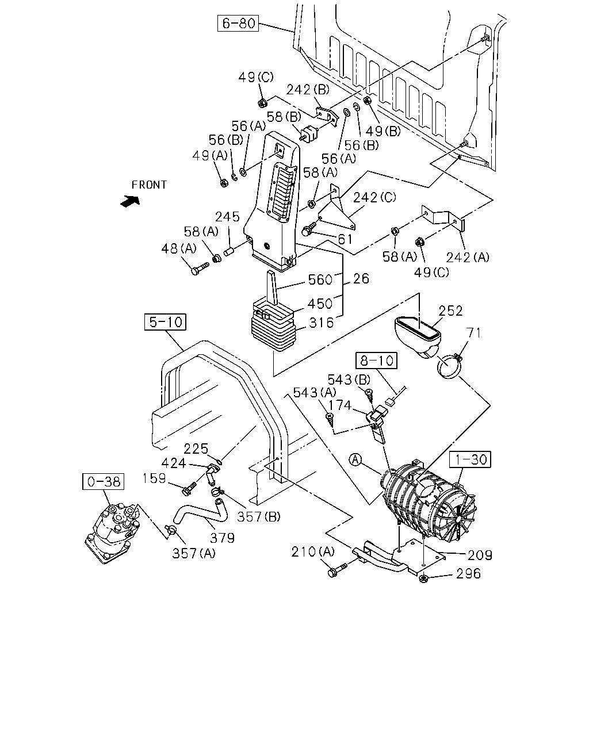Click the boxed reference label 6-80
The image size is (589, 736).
tap(238, 23)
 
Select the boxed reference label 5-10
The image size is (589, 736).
tap(165, 322)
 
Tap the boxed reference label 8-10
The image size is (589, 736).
tap(377, 361)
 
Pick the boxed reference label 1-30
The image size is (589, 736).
tap(471, 459)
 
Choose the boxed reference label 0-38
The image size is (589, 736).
tap(104, 481)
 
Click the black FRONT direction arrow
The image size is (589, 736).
tap(130, 201)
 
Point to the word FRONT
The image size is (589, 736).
tap(149, 185)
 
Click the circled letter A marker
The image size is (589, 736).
tap(355, 459)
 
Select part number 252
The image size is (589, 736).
tap(450, 311)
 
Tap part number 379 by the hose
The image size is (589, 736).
tap(222, 538)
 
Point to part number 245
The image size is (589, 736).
tap(227, 217)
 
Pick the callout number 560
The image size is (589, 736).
tap(320, 280)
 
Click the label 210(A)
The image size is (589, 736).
tap(313, 551)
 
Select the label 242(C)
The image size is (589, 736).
tap(374, 197)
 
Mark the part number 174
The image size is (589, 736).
tap(340, 405)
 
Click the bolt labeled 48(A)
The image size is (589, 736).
tap(200, 269)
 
